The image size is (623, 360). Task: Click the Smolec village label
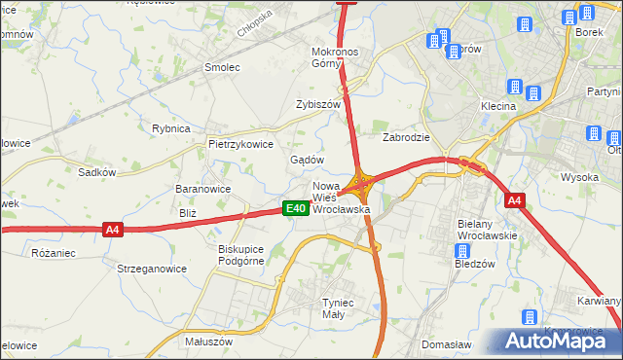pos(221,67)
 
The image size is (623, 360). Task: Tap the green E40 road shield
pos(296,208)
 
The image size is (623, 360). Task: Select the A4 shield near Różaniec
pos(113,230)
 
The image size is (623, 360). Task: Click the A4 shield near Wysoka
pos(515,200)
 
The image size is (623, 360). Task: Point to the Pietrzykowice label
pos(240,143)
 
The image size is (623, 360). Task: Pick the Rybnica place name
pos(169,127)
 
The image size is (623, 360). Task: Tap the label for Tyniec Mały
pos(342,308)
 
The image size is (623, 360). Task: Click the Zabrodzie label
pos(406,138)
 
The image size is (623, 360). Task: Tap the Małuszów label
pos(208,342)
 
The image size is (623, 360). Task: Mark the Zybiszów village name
pos(317,104)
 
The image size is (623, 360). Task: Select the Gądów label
pos(307,160)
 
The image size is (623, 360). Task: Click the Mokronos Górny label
pos(336,57)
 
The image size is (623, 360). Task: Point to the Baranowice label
pos(202,189)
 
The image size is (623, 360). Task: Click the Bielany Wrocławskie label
pos(488,230)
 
